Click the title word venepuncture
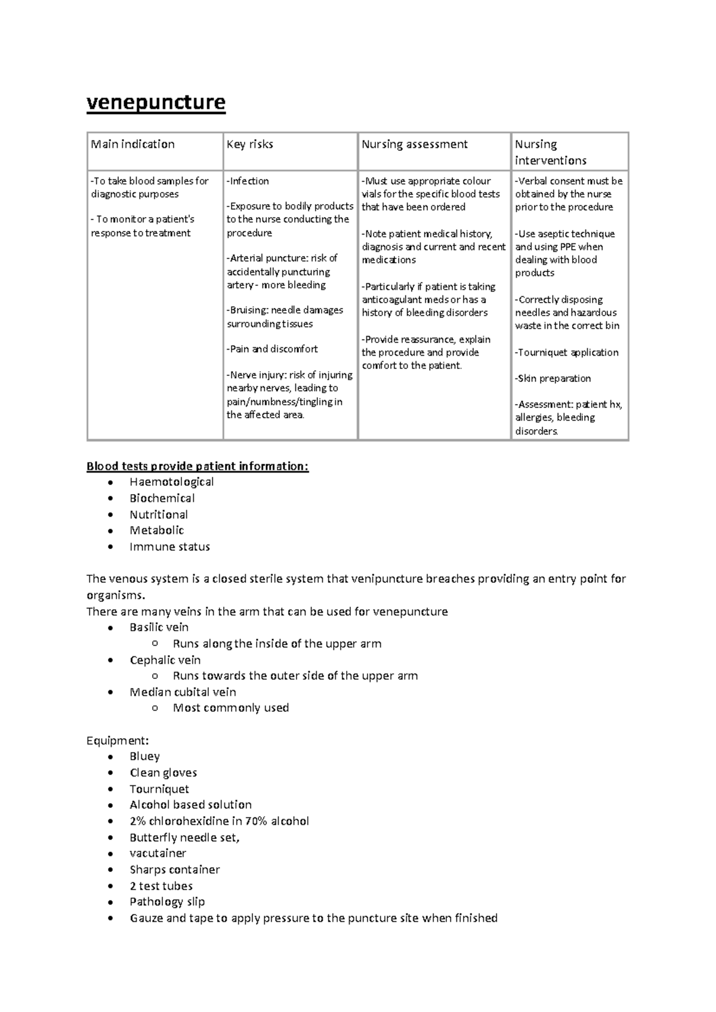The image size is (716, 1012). click(x=156, y=102)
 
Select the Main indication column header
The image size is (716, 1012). click(x=132, y=144)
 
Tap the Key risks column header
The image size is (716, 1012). click(x=249, y=144)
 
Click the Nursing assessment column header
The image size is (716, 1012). click(x=414, y=144)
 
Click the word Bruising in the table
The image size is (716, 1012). click(x=247, y=310)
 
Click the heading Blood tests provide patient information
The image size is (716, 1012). click(x=197, y=466)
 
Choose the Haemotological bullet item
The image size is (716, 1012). click(x=171, y=482)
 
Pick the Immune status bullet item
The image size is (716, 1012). click(x=169, y=547)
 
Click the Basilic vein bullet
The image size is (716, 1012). click(x=159, y=627)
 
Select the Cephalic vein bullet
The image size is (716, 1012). click(x=165, y=660)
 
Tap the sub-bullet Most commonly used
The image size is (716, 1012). click(x=230, y=708)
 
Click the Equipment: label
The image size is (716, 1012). click(x=118, y=741)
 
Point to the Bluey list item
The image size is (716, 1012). click(x=144, y=757)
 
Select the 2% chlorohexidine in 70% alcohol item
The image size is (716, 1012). click(x=219, y=821)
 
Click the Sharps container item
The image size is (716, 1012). click(x=174, y=869)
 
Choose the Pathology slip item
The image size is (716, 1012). click(x=167, y=902)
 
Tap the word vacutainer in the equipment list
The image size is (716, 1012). click(x=158, y=853)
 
